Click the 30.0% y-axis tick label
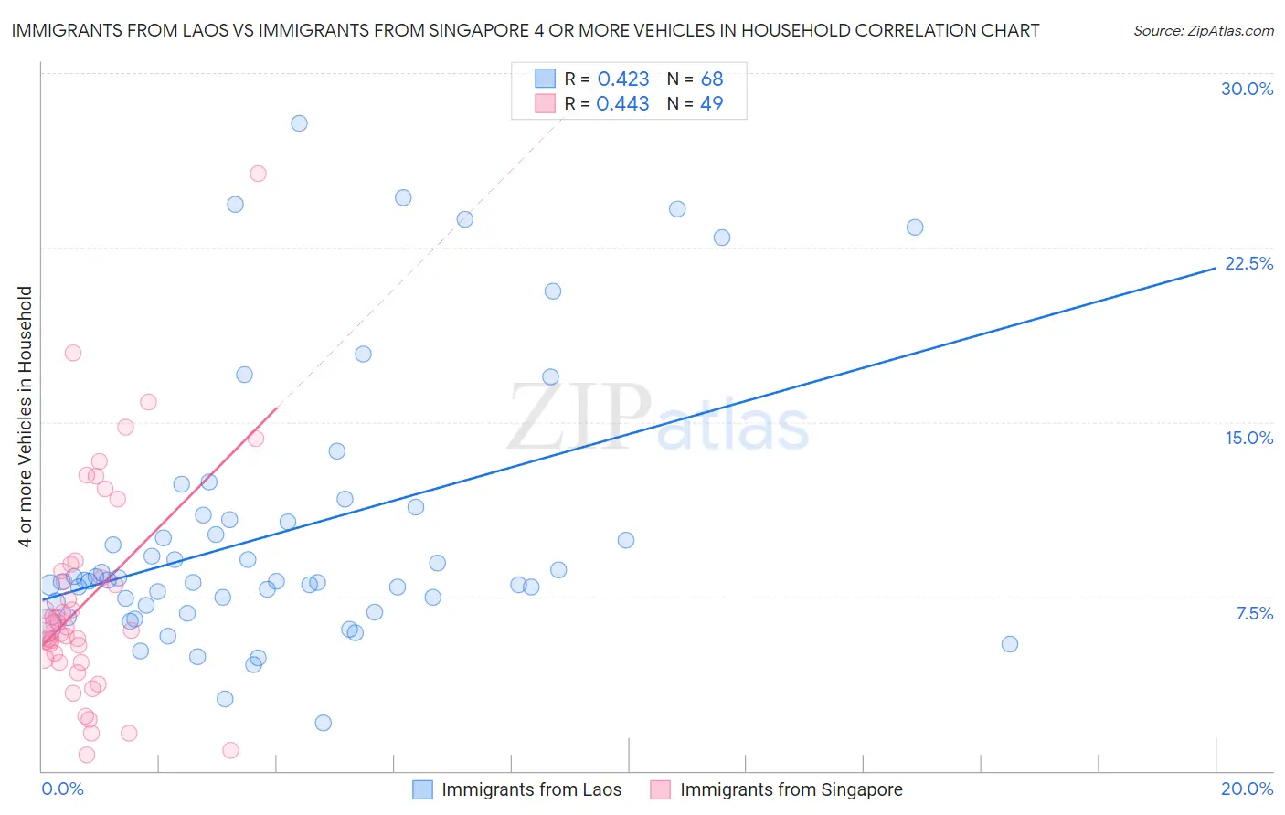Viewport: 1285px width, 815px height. pyautogui.click(x=1247, y=89)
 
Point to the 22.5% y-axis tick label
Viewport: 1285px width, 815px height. pyautogui.click(x=1248, y=263)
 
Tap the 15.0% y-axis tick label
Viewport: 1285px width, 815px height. pyautogui.click(x=1248, y=438)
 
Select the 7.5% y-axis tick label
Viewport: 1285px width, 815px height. pyautogui.click(x=1254, y=613)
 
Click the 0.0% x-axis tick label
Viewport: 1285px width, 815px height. pyautogui.click(x=62, y=789)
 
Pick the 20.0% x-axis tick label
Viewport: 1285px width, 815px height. pyautogui.click(x=1247, y=789)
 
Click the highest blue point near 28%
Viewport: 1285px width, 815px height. pyautogui.click(x=299, y=123)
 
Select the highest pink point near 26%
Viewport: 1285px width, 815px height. pyautogui.click(x=258, y=174)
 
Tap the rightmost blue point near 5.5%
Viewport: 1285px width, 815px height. pyautogui.click(x=1009, y=644)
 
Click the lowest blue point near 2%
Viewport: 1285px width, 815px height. pyautogui.click(x=323, y=723)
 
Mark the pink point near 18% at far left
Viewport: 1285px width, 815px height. pyautogui.click(x=73, y=353)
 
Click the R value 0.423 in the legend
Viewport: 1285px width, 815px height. pyautogui.click(x=622, y=79)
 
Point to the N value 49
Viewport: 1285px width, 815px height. pyautogui.click(x=711, y=104)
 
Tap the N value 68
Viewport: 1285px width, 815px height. pyautogui.click(x=711, y=79)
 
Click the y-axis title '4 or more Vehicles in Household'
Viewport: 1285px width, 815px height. pyautogui.click(x=25, y=417)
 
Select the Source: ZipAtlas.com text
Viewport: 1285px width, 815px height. pyautogui.click(x=1203, y=31)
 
